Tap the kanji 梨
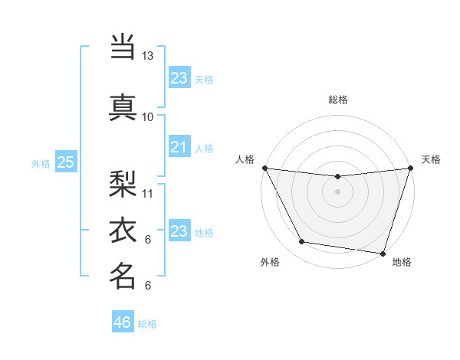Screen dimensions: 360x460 point(123,182)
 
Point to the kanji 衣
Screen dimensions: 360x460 point(123,230)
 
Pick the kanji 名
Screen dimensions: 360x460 point(123,276)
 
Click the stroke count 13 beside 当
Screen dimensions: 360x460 point(148,56)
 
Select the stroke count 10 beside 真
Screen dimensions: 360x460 point(148,116)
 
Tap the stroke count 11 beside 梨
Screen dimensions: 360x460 point(148,193)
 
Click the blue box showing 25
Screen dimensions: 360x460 point(65,162)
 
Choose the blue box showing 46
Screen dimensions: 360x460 point(122,322)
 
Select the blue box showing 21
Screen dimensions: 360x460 point(179,147)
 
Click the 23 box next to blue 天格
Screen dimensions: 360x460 point(179,78)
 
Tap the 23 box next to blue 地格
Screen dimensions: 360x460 point(179,231)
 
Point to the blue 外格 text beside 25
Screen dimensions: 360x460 point(41,163)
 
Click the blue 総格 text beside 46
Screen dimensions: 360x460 point(147,324)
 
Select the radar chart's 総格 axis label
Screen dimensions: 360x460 point(337,100)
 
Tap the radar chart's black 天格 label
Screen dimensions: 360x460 point(431,159)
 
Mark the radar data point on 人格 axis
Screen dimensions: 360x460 point(265,168)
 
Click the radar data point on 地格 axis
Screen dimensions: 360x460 point(382,253)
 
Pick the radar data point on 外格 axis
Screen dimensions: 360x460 point(302,242)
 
